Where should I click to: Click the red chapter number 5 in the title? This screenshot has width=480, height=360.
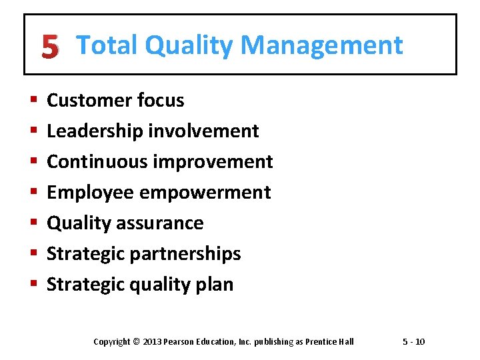pyautogui.click(x=49, y=47)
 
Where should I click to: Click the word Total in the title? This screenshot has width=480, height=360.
pyautogui.click(x=107, y=45)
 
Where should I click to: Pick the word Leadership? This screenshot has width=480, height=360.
pyautogui.click(x=95, y=131)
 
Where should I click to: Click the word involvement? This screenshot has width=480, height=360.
pyautogui.click(x=203, y=131)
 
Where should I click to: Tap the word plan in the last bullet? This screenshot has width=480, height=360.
pyautogui.click(x=217, y=285)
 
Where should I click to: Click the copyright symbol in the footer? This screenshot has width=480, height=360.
pyautogui.click(x=137, y=342)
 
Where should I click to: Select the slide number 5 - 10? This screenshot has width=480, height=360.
pyautogui.click(x=413, y=342)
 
